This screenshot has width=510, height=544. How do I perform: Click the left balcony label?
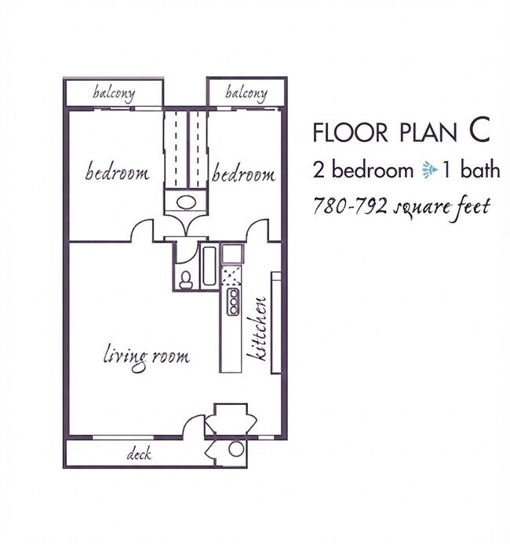tap(114, 93)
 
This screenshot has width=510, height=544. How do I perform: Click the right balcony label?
tap(246, 93)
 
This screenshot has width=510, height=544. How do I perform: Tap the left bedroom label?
tap(117, 172)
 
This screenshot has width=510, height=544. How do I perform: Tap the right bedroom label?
tap(244, 173)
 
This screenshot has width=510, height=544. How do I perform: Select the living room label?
tap(147, 357)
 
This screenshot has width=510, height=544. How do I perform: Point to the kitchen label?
tap(257, 329)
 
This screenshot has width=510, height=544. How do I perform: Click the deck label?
tap(139, 454)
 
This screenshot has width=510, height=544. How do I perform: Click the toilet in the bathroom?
tap(186, 280)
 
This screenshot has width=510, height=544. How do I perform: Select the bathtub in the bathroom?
tap(209, 265)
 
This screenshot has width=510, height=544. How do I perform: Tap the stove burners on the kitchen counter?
tap(233, 302)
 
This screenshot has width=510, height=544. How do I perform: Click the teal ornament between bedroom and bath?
tap(430, 171)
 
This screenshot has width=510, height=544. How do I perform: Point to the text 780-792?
tap(350, 206)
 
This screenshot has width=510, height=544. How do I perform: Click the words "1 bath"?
tap(471, 170)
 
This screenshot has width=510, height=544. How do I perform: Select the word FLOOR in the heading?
tap(350, 132)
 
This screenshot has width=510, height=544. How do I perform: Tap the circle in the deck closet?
tap(236, 448)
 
